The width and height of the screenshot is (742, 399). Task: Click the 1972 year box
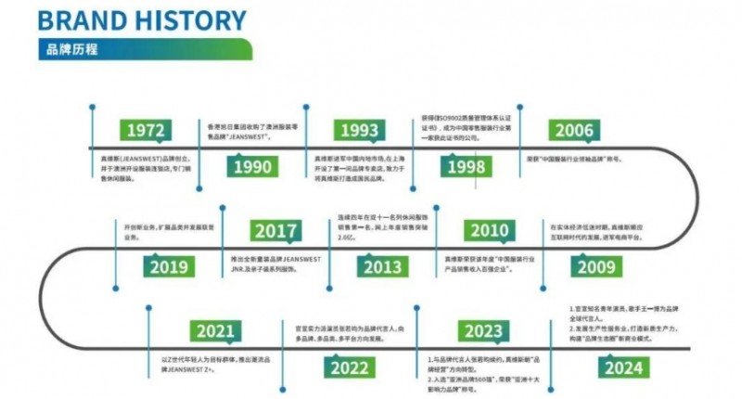(x=147, y=130)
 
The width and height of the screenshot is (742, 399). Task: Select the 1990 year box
(x=253, y=167)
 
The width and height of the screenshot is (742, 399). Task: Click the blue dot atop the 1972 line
(x=92, y=107)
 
